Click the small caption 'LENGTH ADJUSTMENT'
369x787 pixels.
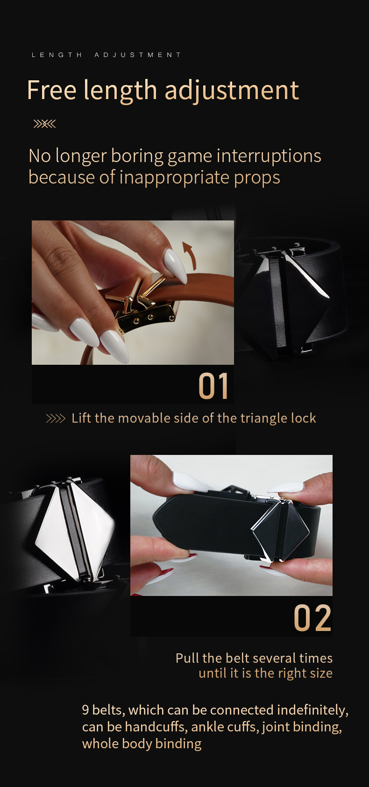click(x=106, y=55)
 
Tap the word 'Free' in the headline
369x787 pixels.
click(x=51, y=90)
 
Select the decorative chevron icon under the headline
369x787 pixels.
click(x=44, y=124)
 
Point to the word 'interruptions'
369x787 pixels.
click(x=269, y=156)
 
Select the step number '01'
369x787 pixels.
click(x=213, y=386)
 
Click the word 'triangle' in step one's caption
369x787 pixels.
click(x=259, y=418)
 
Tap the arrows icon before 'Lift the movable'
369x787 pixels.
click(x=56, y=418)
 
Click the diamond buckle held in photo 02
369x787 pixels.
click(x=280, y=528)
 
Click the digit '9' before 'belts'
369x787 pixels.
click(x=85, y=710)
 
